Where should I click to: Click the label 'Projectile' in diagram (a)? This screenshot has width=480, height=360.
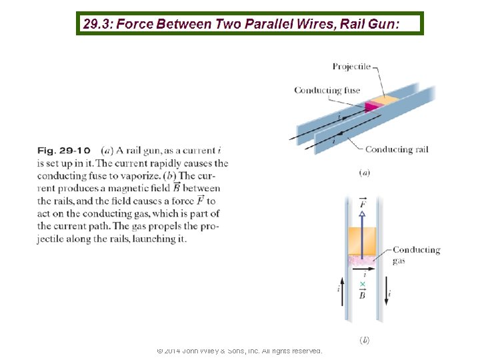351,66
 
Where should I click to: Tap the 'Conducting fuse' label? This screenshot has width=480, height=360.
327,91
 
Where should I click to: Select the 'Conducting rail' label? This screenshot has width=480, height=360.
396,149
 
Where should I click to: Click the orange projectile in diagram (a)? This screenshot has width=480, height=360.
385,100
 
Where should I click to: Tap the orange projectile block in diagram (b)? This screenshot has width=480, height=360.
362,241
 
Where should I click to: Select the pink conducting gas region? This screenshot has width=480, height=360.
362,261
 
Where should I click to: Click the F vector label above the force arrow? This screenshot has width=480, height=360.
362,201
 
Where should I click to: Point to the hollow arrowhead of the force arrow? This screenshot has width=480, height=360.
362,214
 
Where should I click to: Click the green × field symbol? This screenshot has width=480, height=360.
362,285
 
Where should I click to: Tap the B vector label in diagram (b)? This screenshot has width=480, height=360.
362,294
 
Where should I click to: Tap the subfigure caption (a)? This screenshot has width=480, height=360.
365,173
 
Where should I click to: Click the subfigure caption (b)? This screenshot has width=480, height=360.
365,340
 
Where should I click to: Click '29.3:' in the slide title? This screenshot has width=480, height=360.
97,25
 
